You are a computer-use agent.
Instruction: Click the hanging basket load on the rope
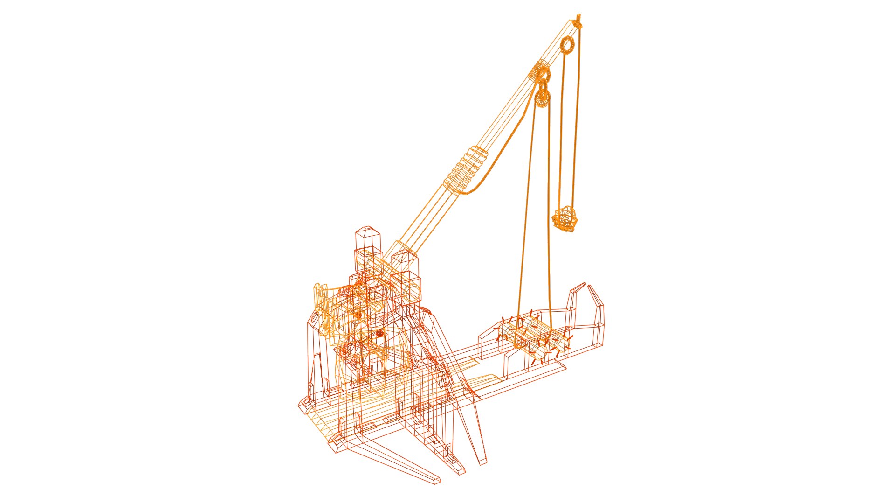point(565,218)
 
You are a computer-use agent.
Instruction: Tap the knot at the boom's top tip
point(578,21)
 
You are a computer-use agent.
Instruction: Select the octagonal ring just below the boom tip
point(567,46)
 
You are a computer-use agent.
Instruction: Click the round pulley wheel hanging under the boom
point(542,98)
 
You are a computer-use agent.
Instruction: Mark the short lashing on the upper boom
point(539,70)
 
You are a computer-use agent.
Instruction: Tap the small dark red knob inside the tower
point(379,333)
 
